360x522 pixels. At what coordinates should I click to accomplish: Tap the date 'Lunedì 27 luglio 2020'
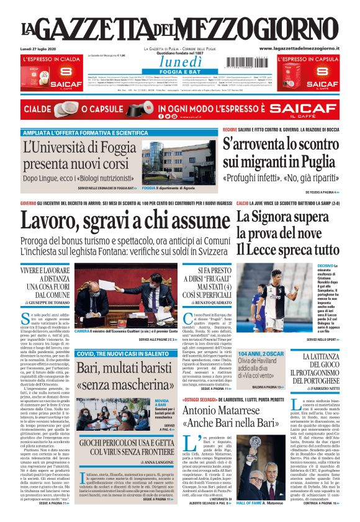(38, 48)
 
